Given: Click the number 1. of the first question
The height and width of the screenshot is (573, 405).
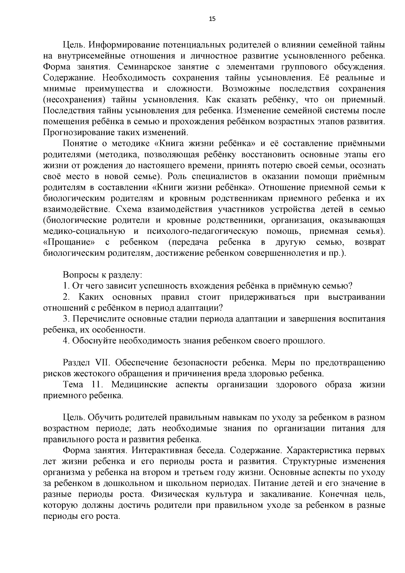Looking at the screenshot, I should pos(66,286).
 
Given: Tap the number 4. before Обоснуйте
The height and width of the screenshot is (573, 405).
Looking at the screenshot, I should pos(66,341).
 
